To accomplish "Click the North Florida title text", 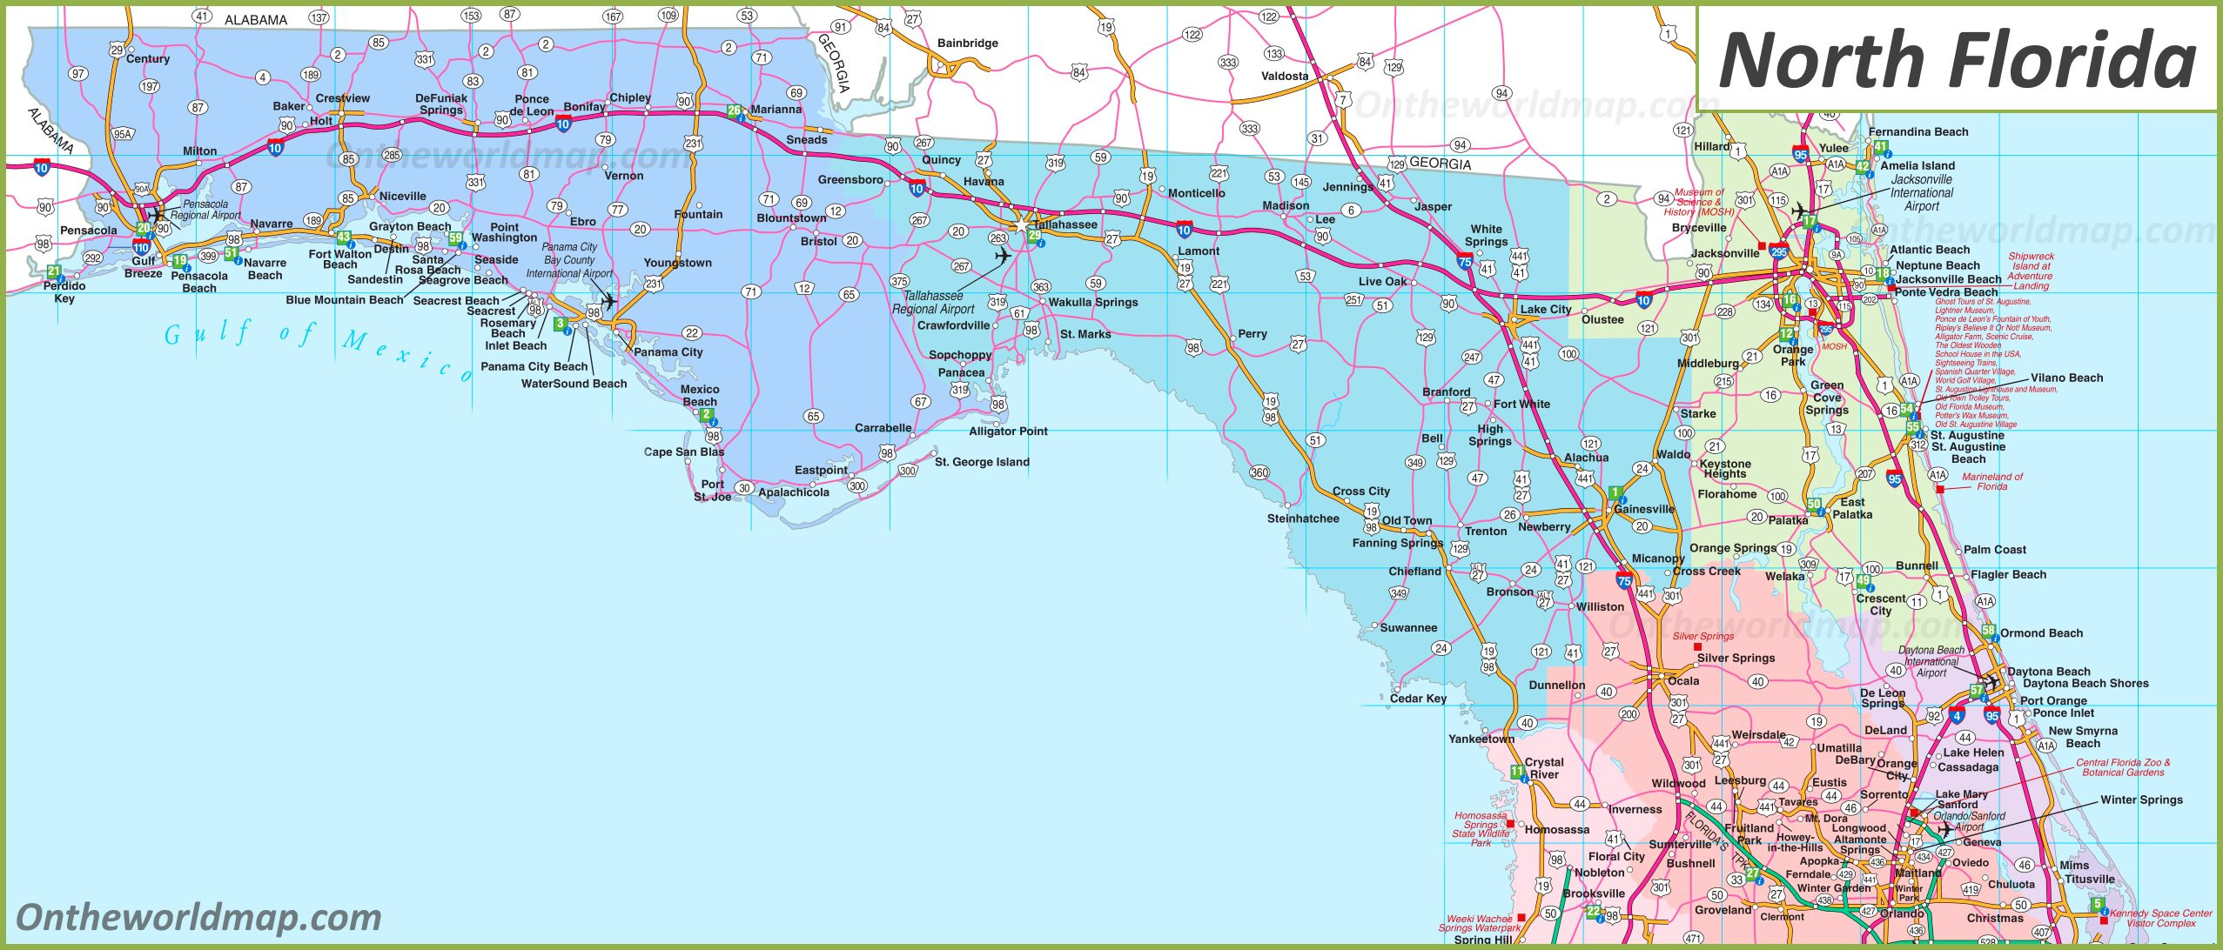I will pyautogui.click(x=1957, y=59).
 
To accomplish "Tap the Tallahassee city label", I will pyautogui.click(x=1065, y=224).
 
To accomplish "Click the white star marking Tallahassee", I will pyautogui.click(x=1020, y=225).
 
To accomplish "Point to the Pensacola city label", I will pyautogui.click(x=89, y=231).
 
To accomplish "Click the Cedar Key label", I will pyautogui.click(x=1418, y=698).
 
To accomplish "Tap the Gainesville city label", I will pyautogui.click(x=1644, y=509).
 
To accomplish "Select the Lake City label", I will pyautogui.click(x=1546, y=309).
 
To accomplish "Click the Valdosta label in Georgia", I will pyautogui.click(x=1285, y=76).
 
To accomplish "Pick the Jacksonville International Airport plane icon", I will pyautogui.click(x=1800, y=211).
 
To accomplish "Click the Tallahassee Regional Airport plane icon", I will pyautogui.click(x=1003, y=256).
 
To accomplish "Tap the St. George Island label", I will pyautogui.click(x=982, y=462).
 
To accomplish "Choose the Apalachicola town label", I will pyautogui.click(x=794, y=492).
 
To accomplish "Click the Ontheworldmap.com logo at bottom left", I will pyautogui.click(x=198, y=918).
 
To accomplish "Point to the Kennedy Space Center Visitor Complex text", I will pyautogui.click(x=2160, y=918).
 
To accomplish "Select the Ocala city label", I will pyautogui.click(x=1683, y=680).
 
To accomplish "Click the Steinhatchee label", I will pyautogui.click(x=1303, y=518).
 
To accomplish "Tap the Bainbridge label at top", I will pyautogui.click(x=968, y=43).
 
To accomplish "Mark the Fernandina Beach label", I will pyautogui.click(x=1918, y=132).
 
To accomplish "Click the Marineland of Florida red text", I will pyautogui.click(x=1991, y=481).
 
